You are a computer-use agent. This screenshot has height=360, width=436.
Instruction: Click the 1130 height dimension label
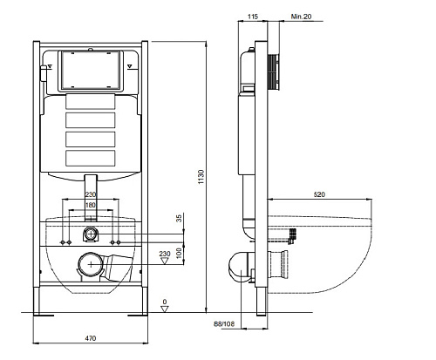click(x=201, y=177)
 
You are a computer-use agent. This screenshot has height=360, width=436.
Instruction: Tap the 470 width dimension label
click(x=91, y=338)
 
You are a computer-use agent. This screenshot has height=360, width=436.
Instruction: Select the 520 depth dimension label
click(x=319, y=194)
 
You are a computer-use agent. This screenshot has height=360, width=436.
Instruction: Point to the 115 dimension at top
click(x=253, y=17)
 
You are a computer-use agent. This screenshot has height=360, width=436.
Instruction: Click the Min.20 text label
click(x=301, y=17)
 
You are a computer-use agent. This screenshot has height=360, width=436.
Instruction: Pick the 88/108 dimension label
click(x=224, y=323)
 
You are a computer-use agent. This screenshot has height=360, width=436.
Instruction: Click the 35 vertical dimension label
click(x=179, y=218)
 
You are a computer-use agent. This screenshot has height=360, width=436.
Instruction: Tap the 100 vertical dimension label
click(x=180, y=253)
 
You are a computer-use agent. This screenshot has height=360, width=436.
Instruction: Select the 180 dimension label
click(x=91, y=205)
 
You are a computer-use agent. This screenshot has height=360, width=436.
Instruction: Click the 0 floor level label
click(x=165, y=302)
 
